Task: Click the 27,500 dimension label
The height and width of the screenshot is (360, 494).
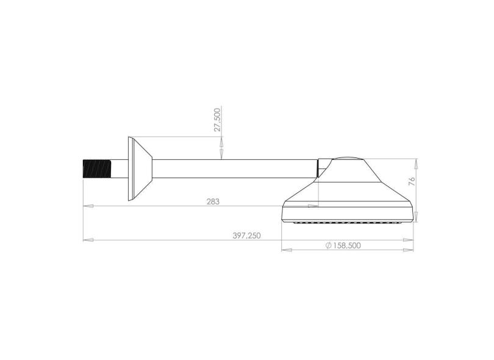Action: (x=217, y=120)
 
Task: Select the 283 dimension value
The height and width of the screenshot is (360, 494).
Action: (x=213, y=201)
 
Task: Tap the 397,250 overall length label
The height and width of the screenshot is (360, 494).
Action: (x=246, y=236)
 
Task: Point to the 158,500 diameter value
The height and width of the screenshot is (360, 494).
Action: (x=347, y=245)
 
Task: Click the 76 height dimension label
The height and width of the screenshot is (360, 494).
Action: (x=412, y=181)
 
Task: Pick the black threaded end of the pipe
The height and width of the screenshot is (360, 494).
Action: (x=97, y=169)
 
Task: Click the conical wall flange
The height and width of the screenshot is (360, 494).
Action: (x=140, y=168)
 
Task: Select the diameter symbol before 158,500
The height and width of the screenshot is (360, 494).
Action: (x=328, y=245)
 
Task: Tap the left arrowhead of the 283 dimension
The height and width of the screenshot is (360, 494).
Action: (x=88, y=206)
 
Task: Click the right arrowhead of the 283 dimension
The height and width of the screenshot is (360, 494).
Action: (x=313, y=206)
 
